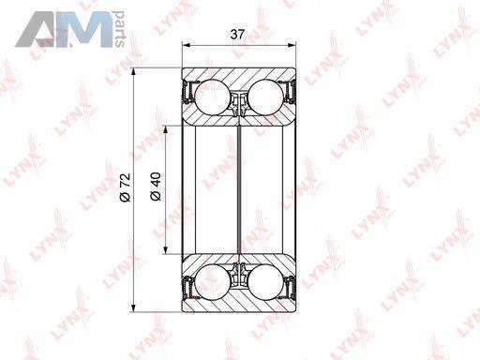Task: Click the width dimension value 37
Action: pos(237,34)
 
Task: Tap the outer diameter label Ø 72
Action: pos(125,187)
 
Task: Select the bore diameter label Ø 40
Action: pos(156,187)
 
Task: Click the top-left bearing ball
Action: pos(213,97)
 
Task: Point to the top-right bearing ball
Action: pos(266,97)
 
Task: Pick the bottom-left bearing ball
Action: pos(213,282)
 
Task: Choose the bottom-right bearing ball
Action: pos(266,282)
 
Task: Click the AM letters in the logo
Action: pos(64,29)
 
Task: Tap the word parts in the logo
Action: pos(120,29)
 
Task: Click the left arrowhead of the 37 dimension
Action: pos(186,46)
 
